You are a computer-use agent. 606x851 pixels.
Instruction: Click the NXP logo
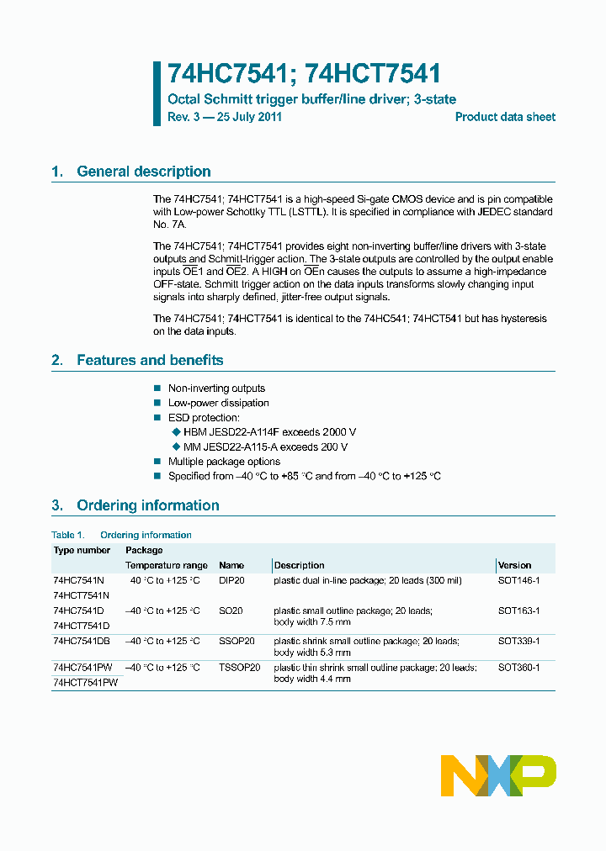click(498, 775)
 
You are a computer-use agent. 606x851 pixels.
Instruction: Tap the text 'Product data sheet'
click(505, 117)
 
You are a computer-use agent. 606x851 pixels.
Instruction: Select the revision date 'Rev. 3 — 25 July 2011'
click(225, 117)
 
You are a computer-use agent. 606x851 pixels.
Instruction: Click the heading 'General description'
click(143, 172)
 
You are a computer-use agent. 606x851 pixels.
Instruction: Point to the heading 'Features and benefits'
click(150, 360)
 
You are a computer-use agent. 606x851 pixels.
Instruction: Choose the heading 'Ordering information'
click(147, 505)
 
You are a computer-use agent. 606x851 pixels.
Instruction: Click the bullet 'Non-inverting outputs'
click(216, 388)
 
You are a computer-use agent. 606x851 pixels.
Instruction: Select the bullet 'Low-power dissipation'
click(218, 403)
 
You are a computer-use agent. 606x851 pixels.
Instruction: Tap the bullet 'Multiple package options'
click(224, 462)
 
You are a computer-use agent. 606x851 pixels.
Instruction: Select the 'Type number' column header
click(82, 550)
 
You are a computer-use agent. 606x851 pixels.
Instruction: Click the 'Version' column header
click(514, 565)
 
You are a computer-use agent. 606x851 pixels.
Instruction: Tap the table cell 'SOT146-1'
click(518, 581)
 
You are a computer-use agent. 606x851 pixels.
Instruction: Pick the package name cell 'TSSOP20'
click(239, 667)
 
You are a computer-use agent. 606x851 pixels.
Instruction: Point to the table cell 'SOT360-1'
click(518, 667)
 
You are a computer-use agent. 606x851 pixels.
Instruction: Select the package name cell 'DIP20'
click(231, 581)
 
